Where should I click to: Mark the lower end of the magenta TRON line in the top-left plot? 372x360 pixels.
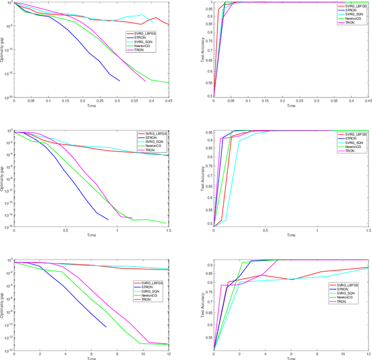[145, 81]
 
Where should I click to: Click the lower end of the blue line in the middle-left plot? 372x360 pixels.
[108, 219]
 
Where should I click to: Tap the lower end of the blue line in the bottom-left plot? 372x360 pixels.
[106, 327]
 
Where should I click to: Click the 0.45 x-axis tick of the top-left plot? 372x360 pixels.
[168, 101]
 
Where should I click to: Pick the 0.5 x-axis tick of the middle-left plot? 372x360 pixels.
[66, 231]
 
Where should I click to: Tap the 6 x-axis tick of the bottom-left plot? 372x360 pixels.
[91, 355]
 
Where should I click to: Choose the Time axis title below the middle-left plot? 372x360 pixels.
[91, 235]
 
